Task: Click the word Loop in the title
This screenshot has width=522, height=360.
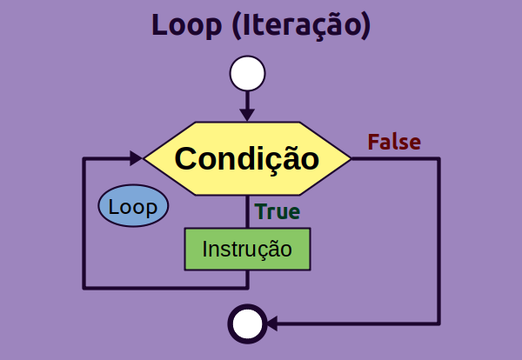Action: pos(187,25)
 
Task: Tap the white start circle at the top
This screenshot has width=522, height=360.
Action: pos(247,74)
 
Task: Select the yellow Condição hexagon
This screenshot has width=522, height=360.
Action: pos(247,159)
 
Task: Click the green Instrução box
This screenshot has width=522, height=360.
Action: pos(247,250)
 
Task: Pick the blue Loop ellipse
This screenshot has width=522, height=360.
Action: pos(133,207)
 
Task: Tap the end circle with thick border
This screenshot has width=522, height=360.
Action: pos(246,324)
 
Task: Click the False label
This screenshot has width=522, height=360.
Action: pos(394,142)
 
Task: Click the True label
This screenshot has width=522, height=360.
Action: pos(277,211)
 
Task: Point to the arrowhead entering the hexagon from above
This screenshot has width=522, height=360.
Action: pos(247,114)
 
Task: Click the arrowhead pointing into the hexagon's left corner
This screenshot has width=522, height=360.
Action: pos(136,158)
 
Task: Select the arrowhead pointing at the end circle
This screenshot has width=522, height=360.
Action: pos(272,324)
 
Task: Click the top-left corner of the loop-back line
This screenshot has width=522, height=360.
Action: pos(84,159)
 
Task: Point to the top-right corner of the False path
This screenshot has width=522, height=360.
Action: pos(438,159)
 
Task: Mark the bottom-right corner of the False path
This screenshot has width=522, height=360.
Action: pos(438,324)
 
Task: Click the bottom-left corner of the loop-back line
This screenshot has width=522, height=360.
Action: pos(84,286)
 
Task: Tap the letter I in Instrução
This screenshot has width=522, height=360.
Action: pos(205,250)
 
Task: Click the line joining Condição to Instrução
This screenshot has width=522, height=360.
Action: pos(247,212)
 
